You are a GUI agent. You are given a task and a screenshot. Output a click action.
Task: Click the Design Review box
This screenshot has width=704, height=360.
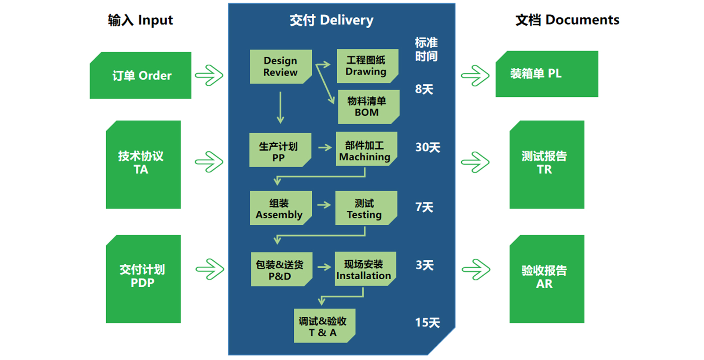point(280,67)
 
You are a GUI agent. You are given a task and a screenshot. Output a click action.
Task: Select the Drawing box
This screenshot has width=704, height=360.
point(367,66)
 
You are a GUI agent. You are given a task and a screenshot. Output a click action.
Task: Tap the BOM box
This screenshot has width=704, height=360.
point(368,107)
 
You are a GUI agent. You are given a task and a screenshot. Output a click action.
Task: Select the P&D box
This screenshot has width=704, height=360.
point(281,269)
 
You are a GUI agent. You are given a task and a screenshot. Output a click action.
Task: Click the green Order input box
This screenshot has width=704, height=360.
point(141,76)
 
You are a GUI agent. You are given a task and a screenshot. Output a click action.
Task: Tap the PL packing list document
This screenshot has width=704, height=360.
point(546,74)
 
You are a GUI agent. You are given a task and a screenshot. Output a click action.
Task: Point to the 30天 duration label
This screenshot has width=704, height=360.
point(428,147)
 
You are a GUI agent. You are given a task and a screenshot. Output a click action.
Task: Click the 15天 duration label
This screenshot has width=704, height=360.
point(427,323)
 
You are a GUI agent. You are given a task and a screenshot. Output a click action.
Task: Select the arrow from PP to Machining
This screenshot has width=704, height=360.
point(325,148)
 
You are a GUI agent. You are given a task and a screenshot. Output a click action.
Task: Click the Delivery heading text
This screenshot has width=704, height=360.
point(331,20)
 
